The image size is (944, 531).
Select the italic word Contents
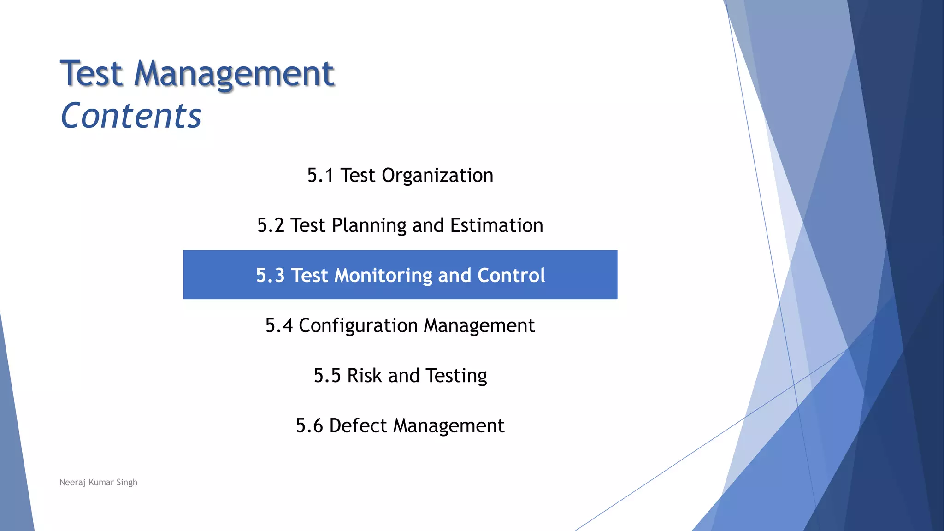click(x=131, y=115)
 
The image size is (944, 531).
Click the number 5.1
click(x=320, y=176)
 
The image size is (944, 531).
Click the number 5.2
click(x=271, y=225)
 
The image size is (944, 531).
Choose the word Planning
click(x=369, y=225)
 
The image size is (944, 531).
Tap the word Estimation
click(x=496, y=225)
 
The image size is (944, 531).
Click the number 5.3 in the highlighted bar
click(x=270, y=275)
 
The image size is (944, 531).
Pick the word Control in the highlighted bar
click(x=511, y=275)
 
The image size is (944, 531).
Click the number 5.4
click(x=279, y=325)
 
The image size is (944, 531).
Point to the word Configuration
click(x=358, y=325)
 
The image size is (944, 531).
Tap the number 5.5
click(x=327, y=376)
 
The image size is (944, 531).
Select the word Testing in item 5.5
click(x=456, y=376)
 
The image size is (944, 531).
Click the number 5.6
click(x=309, y=425)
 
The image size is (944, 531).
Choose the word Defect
click(x=358, y=425)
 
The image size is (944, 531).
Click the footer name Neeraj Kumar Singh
click(x=98, y=482)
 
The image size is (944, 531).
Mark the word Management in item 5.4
click(x=479, y=325)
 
